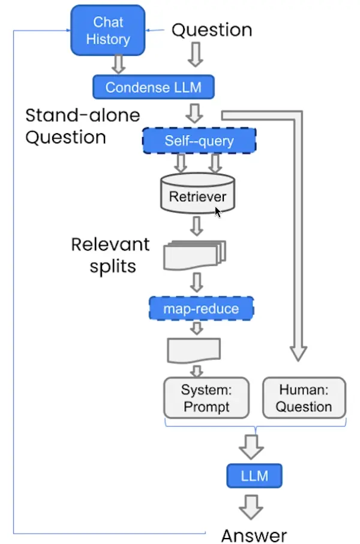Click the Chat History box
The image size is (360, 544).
coord(108,31)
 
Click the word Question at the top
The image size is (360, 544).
coord(212,30)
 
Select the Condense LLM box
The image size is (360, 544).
coord(153,88)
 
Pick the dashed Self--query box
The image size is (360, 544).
coord(199,141)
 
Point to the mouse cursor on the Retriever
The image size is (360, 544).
coord(218,212)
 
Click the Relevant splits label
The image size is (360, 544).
coord(110,254)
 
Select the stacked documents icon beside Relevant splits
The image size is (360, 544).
coord(194,256)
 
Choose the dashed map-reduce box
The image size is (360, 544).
coord(201,309)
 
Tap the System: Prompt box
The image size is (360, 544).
coord(206,398)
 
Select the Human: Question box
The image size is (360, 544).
coord(304,398)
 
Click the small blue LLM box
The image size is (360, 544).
coord(254,476)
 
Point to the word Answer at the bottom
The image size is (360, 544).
coord(254,535)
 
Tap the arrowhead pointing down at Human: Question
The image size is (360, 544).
coord(298,355)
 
